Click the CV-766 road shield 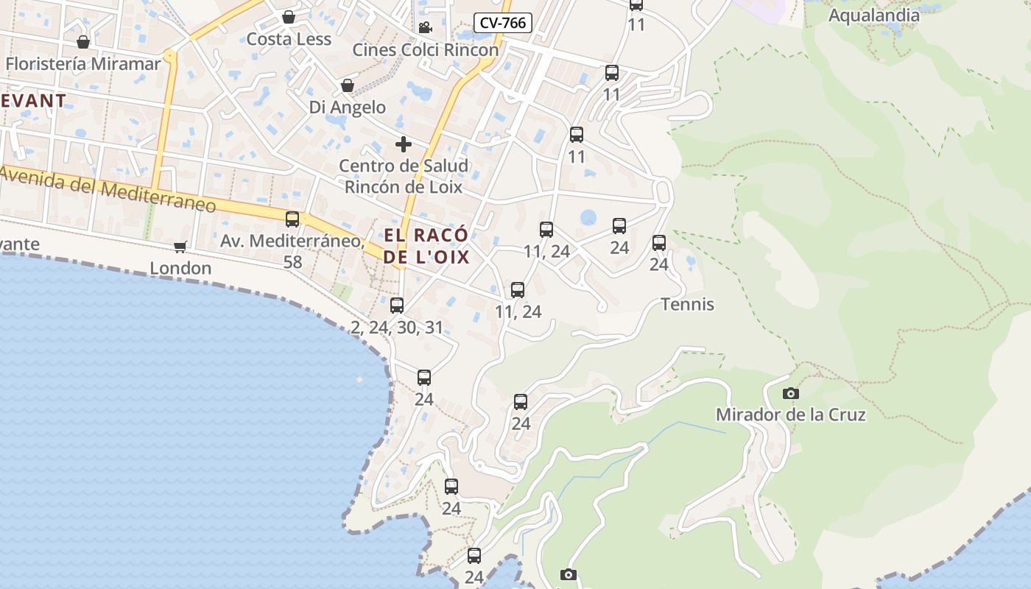click(x=503, y=23)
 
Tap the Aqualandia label click(x=874, y=15)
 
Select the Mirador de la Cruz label click(x=790, y=415)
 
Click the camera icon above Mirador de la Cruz click(x=791, y=393)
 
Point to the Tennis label click(x=687, y=304)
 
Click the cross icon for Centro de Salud click(x=403, y=144)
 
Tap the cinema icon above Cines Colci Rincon click(x=425, y=28)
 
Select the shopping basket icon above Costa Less click(x=289, y=17)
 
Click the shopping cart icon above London click(x=180, y=246)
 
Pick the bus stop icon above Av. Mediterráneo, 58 click(x=292, y=219)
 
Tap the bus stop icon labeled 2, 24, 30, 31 click(x=397, y=305)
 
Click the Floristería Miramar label click(x=82, y=64)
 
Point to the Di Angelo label click(x=347, y=107)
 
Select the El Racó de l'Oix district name click(x=426, y=247)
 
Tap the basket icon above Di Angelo click(x=348, y=86)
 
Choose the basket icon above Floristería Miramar click(x=83, y=42)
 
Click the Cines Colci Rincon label click(x=425, y=50)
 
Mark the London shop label click(x=180, y=268)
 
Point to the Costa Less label click(x=289, y=39)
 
